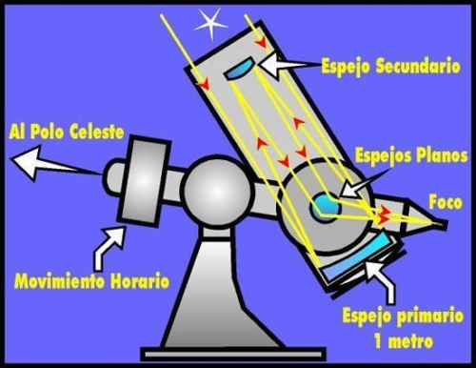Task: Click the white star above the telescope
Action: pyautogui.click(x=208, y=24)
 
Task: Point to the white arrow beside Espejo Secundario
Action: pyautogui.click(x=286, y=66)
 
